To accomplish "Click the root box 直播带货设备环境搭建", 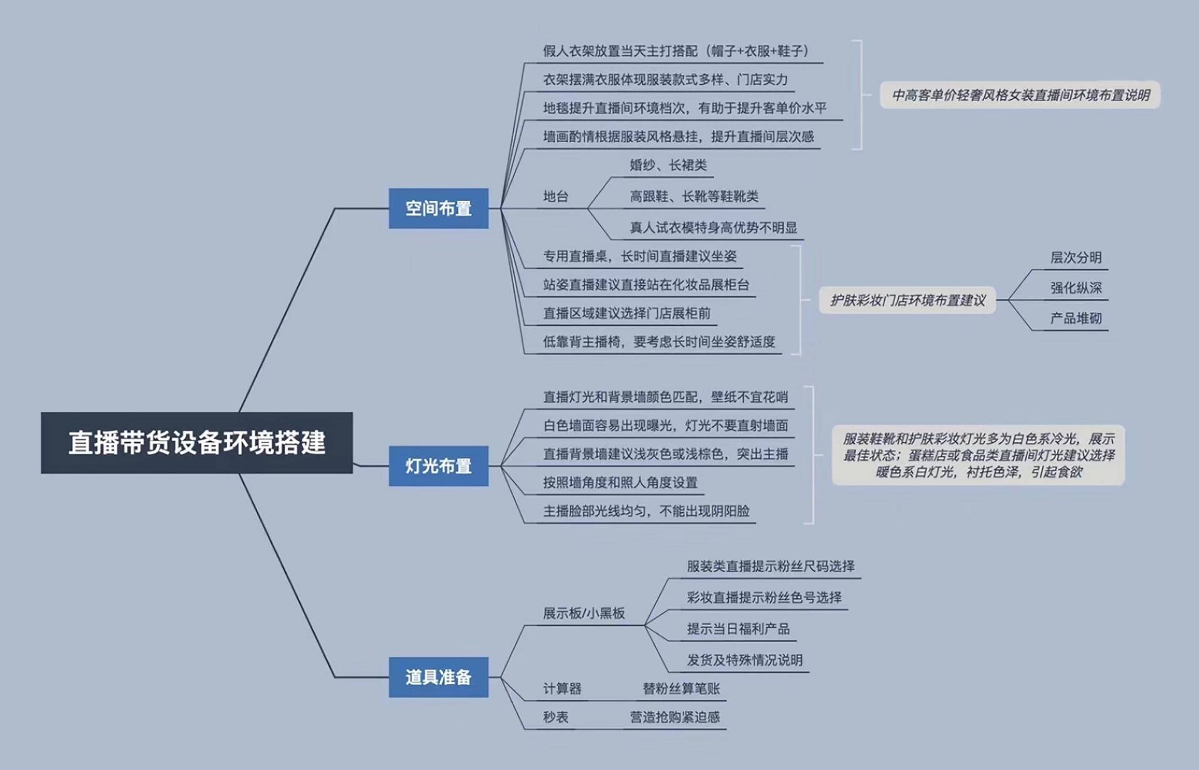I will point(197,442).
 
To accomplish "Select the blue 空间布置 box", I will point(438,208).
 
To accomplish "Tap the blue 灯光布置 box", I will point(438,466).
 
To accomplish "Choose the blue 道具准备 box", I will point(438,677).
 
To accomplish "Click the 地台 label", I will point(556,197).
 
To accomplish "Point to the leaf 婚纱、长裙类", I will point(668,165).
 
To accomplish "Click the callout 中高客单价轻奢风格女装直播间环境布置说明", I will point(1020,95).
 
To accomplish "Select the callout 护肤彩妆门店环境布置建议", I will point(907,301).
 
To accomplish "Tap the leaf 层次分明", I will point(1075,258).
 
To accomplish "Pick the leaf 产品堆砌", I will point(1075,318).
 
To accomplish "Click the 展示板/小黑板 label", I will point(584,613).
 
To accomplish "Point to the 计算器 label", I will point(562,689).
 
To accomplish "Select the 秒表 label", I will point(556,718).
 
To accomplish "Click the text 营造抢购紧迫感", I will point(674,718).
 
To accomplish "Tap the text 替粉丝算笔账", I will point(681,689).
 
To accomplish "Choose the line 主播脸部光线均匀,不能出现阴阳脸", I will point(646,512).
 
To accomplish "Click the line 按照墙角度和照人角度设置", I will point(619,483).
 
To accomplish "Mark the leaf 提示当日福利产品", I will point(738,629).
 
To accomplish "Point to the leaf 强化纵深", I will point(1075,288).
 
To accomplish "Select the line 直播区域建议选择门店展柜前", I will point(626,313).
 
